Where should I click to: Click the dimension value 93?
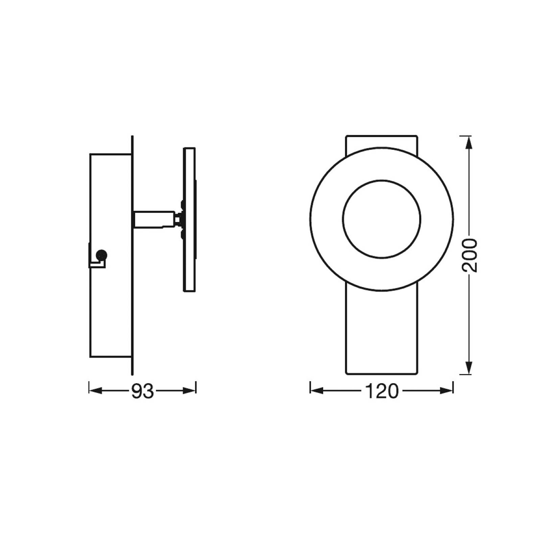coord(142,392)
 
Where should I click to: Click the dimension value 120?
coord(382,392)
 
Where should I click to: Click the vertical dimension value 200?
coord(470,255)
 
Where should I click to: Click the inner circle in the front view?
coord(382,180)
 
